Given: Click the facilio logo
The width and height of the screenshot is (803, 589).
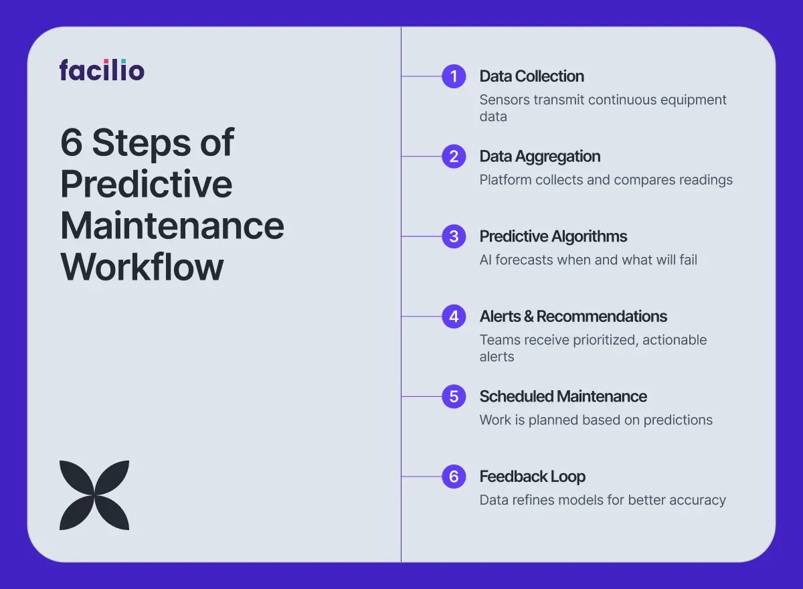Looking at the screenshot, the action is pyautogui.click(x=102, y=70).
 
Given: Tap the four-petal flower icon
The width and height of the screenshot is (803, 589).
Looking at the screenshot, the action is pyautogui.click(x=94, y=495).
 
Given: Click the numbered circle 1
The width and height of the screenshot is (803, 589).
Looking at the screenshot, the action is pyautogui.click(x=454, y=76).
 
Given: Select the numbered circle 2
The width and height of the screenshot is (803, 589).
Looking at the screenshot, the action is pyautogui.click(x=454, y=157).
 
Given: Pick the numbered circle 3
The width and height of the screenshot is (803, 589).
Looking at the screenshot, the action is pyautogui.click(x=454, y=236).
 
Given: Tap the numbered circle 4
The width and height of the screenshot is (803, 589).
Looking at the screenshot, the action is pyautogui.click(x=454, y=317).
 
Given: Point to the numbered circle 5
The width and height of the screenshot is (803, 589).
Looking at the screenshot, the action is pyautogui.click(x=454, y=396).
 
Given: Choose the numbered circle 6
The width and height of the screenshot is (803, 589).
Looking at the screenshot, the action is pyautogui.click(x=454, y=477).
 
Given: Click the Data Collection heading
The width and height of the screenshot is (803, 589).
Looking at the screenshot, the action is pyautogui.click(x=531, y=76).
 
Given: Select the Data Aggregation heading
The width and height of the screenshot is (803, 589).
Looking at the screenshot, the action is pyautogui.click(x=540, y=157).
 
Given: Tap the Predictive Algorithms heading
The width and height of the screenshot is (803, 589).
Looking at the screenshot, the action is pyautogui.click(x=553, y=237).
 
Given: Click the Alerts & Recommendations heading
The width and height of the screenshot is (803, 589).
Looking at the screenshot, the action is pyautogui.click(x=573, y=317).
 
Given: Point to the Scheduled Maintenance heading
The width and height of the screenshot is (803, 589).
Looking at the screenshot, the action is pyautogui.click(x=563, y=396).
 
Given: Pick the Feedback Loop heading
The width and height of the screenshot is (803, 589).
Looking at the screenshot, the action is pyautogui.click(x=533, y=477).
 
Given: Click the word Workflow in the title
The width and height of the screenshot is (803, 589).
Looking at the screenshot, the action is pyautogui.click(x=142, y=266).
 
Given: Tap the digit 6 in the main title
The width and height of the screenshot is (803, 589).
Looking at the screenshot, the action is pyautogui.click(x=72, y=143).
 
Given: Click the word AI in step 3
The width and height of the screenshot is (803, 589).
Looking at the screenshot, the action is pyautogui.click(x=485, y=260).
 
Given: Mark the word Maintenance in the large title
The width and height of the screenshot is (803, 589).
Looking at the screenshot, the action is pyautogui.click(x=172, y=226).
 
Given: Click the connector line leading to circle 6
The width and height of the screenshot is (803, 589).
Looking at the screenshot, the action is pyautogui.click(x=422, y=477).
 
